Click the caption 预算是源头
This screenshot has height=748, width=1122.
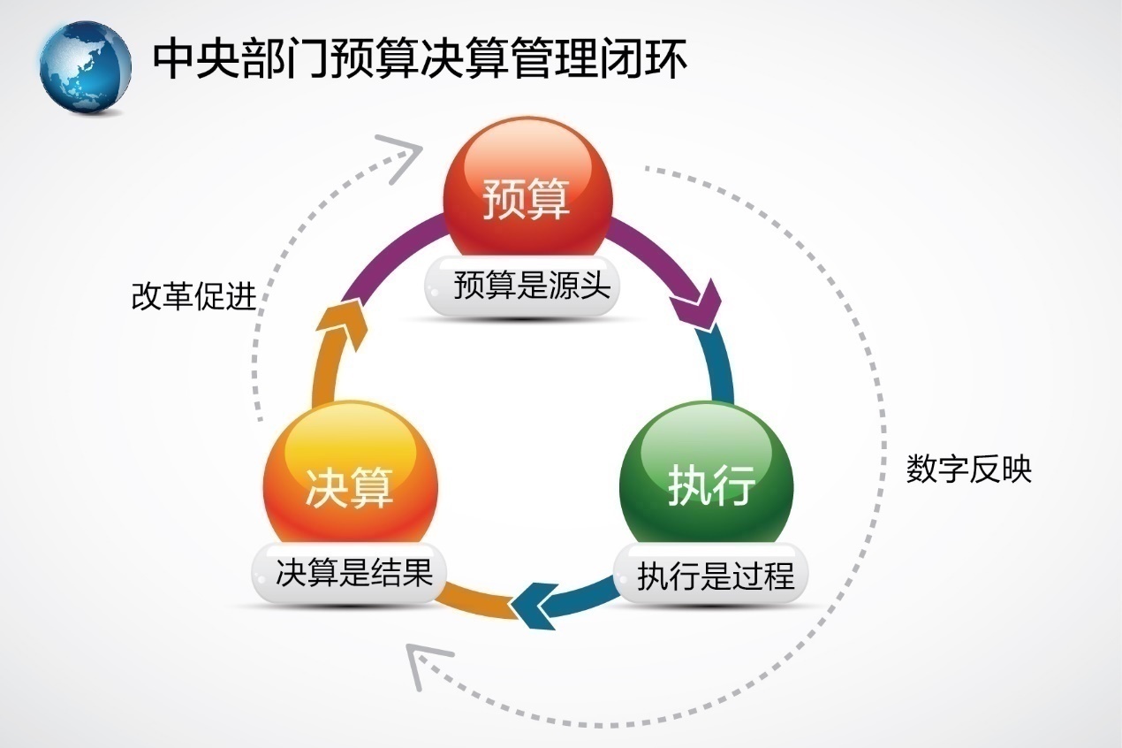point(532,286)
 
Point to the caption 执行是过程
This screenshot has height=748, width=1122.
point(716,576)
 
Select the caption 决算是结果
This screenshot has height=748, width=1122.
point(354,572)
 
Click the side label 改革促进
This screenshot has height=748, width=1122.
point(193,296)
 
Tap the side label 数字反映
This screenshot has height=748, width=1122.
point(969,469)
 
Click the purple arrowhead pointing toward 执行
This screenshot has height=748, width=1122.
point(698,305)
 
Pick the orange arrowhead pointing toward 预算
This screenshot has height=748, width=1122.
point(342,324)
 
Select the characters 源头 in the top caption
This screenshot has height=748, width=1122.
point(580,286)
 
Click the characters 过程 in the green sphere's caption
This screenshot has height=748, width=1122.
point(764,576)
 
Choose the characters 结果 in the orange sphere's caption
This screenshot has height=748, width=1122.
point(402,572)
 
